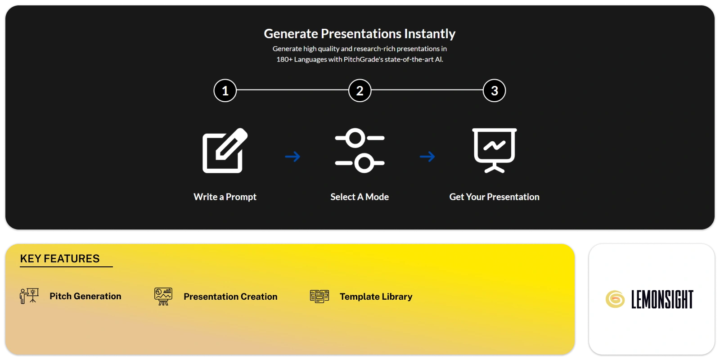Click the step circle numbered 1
[225, 90]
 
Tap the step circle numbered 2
[360, 90]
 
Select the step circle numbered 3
[494, 90]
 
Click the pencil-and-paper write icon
[225, 151]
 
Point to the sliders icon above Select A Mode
[360, 151]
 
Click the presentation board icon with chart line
[494, 150]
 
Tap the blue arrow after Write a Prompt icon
[292, 157]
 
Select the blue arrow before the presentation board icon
[427, 157]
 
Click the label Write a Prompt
[225, 197]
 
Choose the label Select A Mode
[360, 197]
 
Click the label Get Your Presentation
[494, 197]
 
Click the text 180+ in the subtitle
[284, 59]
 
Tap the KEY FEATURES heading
[60, 259]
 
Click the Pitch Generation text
[85, 296]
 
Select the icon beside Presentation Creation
[163, 296]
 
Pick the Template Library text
[376, 297]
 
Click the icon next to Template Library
[319, 296]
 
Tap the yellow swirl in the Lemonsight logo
[615, 299]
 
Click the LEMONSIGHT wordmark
[662, 300]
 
